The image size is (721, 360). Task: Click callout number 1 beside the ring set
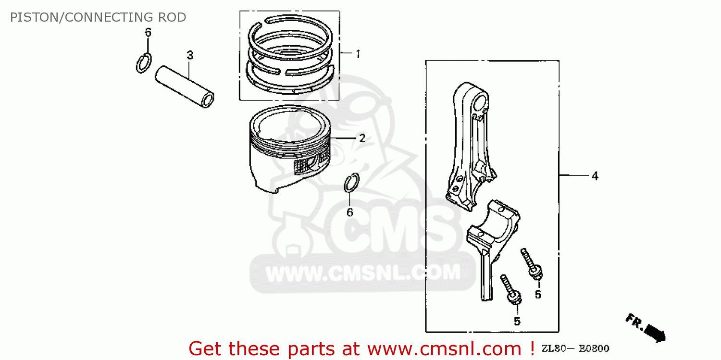358,54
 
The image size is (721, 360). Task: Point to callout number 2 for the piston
362,138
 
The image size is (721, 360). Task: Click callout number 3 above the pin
190,55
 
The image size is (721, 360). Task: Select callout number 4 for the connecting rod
595,176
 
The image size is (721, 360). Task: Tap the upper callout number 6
148,33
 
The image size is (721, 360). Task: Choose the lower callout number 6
350,212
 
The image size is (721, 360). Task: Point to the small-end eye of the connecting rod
480,102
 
